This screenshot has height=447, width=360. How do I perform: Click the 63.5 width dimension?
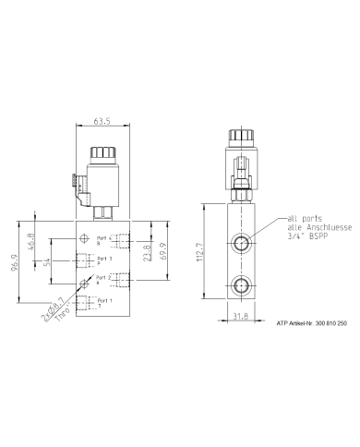click(104, 119)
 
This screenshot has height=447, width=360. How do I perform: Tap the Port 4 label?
click(103, 238)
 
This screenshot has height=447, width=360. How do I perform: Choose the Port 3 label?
click(103, 259)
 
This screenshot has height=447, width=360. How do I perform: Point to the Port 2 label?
click(103, 277)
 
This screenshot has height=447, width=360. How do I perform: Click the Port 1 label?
click(103, 300)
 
